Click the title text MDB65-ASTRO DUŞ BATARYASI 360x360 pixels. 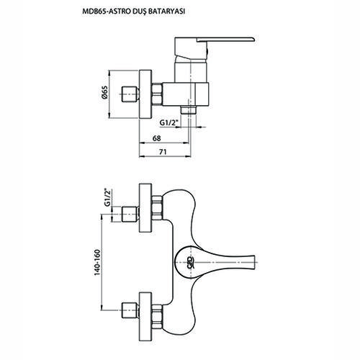coord(133,12)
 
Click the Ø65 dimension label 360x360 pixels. coord(104,93)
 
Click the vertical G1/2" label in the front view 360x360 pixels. coord(107,197)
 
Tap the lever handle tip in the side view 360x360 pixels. coord(254,38)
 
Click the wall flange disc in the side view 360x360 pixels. coord(145,94)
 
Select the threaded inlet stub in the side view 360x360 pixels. coord(130,94)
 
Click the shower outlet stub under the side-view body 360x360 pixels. coord(189,110)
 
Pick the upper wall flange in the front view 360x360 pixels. coord(145,208)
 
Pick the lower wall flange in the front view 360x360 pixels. coord(145,316)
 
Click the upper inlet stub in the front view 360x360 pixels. coord(130,215)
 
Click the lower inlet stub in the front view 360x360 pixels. coord(130,310)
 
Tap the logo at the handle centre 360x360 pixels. coord(189,262)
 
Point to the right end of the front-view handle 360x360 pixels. coord(254,262)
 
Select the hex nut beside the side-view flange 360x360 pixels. coord(157,94)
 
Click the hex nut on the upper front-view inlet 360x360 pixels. coord(157,207)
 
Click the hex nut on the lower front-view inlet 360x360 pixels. coord(157,317)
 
